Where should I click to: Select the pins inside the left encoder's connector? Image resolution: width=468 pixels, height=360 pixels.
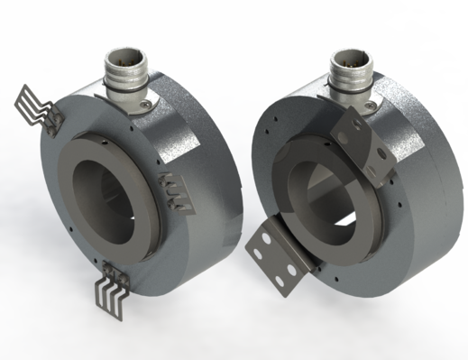(124, 56)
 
